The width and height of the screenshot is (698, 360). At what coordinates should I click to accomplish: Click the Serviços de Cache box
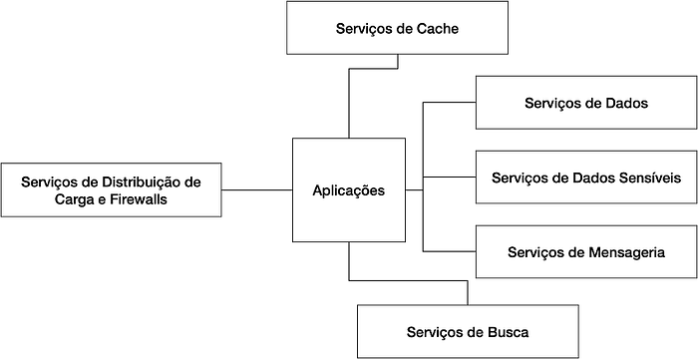coord(397,28)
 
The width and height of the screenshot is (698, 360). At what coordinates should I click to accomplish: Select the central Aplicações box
coord(349,190)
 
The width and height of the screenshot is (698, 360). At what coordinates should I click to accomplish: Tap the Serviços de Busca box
coord(468,331)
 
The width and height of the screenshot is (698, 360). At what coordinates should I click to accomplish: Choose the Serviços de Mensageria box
coord(586,252)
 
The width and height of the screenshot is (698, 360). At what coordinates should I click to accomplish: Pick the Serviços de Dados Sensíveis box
coord(586,178)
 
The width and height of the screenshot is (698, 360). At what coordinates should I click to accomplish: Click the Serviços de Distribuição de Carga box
coord(111,190)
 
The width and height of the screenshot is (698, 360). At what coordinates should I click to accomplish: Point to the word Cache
coord(438,29)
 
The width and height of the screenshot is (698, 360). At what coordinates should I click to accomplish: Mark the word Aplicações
coord(349,190)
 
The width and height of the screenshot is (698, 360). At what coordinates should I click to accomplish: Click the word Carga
coord(71,199)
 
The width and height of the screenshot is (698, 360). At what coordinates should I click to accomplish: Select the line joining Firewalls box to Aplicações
coord(257,190)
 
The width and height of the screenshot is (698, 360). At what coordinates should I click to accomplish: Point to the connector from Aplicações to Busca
coord(408,280)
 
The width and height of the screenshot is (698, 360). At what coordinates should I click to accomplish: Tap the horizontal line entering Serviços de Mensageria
coord(449,252)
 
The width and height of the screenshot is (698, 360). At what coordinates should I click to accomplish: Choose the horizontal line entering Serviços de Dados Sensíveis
coord(449,178)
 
